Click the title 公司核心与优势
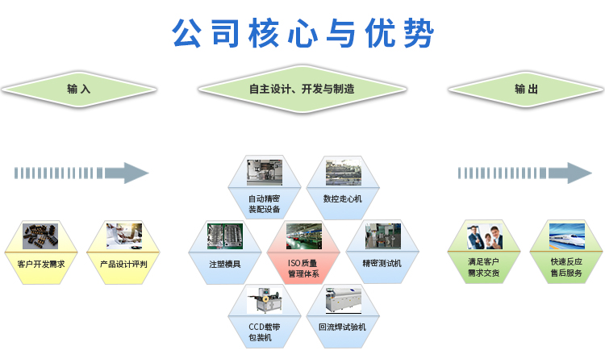(303, 33)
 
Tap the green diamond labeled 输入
(79, 89)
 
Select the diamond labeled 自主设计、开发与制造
(302, 89)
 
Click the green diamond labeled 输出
(526, 89)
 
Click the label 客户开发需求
(41, 265)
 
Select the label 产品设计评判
(123, 265)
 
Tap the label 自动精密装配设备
(265, 204)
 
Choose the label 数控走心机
(343, 199)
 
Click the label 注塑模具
(225, 265)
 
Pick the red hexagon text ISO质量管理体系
(303, 269)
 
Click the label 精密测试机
(382, 264)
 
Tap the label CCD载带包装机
(265, 332)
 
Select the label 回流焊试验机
(342, 328)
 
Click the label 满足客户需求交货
(484, 267)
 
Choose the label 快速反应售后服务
(566, 267)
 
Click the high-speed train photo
(567, 236)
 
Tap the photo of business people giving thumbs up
(485, 236)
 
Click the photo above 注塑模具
(225, 236)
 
